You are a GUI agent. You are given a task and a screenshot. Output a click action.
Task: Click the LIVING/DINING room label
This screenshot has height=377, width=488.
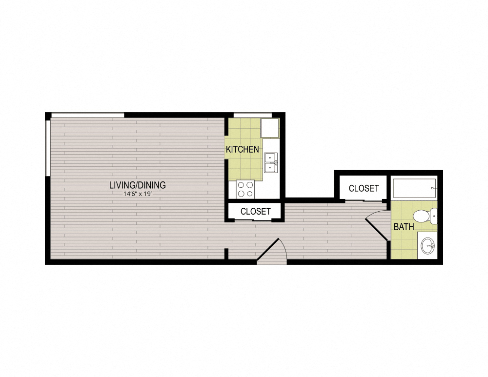point(137,185)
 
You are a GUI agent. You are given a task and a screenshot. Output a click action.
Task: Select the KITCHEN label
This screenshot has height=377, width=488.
point(242,149)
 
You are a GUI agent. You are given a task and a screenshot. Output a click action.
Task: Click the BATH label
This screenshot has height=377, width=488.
point(404,227)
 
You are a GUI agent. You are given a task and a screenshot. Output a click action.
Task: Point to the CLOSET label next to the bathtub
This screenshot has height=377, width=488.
point(364,188)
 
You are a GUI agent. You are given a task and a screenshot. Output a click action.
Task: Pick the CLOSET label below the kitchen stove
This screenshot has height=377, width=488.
point(255,212)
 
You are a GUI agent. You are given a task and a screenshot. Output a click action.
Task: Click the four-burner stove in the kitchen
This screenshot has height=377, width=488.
point(245,189)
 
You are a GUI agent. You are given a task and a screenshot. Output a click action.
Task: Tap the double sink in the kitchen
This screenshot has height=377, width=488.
point(270,162)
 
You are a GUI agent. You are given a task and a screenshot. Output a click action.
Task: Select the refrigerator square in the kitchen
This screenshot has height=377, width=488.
point(269,127)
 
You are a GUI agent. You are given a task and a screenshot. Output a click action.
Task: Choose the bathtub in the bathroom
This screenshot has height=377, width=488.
point(414,188)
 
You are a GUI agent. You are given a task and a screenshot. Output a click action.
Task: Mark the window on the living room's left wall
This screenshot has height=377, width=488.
point(47,147)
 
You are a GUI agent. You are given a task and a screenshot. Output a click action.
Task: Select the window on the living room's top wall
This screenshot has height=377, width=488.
point(87,115)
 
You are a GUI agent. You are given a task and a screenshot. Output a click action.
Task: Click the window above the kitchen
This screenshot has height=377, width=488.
point(252,115)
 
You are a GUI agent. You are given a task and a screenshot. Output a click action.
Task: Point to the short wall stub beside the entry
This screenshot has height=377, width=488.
point(226,253)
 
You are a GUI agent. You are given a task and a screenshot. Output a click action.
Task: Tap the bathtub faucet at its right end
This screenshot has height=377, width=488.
point(433,188)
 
